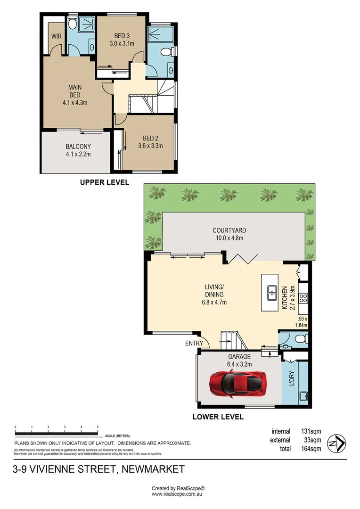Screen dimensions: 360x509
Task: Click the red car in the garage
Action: click(x=238, y=384)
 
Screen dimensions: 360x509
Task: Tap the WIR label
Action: click(x=56, y=36)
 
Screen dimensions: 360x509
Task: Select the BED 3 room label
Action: click(x=122, y=36)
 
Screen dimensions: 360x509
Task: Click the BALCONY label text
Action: click(x=78, y=147)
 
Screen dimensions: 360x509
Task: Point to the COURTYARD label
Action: click(x=229, y=230)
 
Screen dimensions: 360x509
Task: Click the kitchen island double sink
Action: click(x=272, y=293)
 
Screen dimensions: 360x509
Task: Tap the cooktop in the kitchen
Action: click(x=303, y=298)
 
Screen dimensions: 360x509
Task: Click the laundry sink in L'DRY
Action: click(x=303, y=396)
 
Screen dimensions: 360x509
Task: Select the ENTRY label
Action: click(x=194, y=343)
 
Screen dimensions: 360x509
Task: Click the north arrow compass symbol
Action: click(x=336, y=443)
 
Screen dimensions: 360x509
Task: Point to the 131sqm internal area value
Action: click(x=311, y=431)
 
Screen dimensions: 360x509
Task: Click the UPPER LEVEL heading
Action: click(x=105, y=182)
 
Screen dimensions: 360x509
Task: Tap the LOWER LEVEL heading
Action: click(x=218, y=417)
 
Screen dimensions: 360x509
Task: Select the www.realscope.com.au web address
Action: click(x=177, y=494)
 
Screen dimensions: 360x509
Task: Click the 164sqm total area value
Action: click(x=311, y=449)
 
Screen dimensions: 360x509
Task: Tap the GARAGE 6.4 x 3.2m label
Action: click(x=239, y=361)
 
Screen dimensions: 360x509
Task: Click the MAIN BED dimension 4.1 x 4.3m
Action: click(x=75, y=103)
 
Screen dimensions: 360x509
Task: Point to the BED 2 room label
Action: click(x=151, y=138)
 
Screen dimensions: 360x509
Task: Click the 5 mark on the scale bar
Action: click(x=98, y=427)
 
